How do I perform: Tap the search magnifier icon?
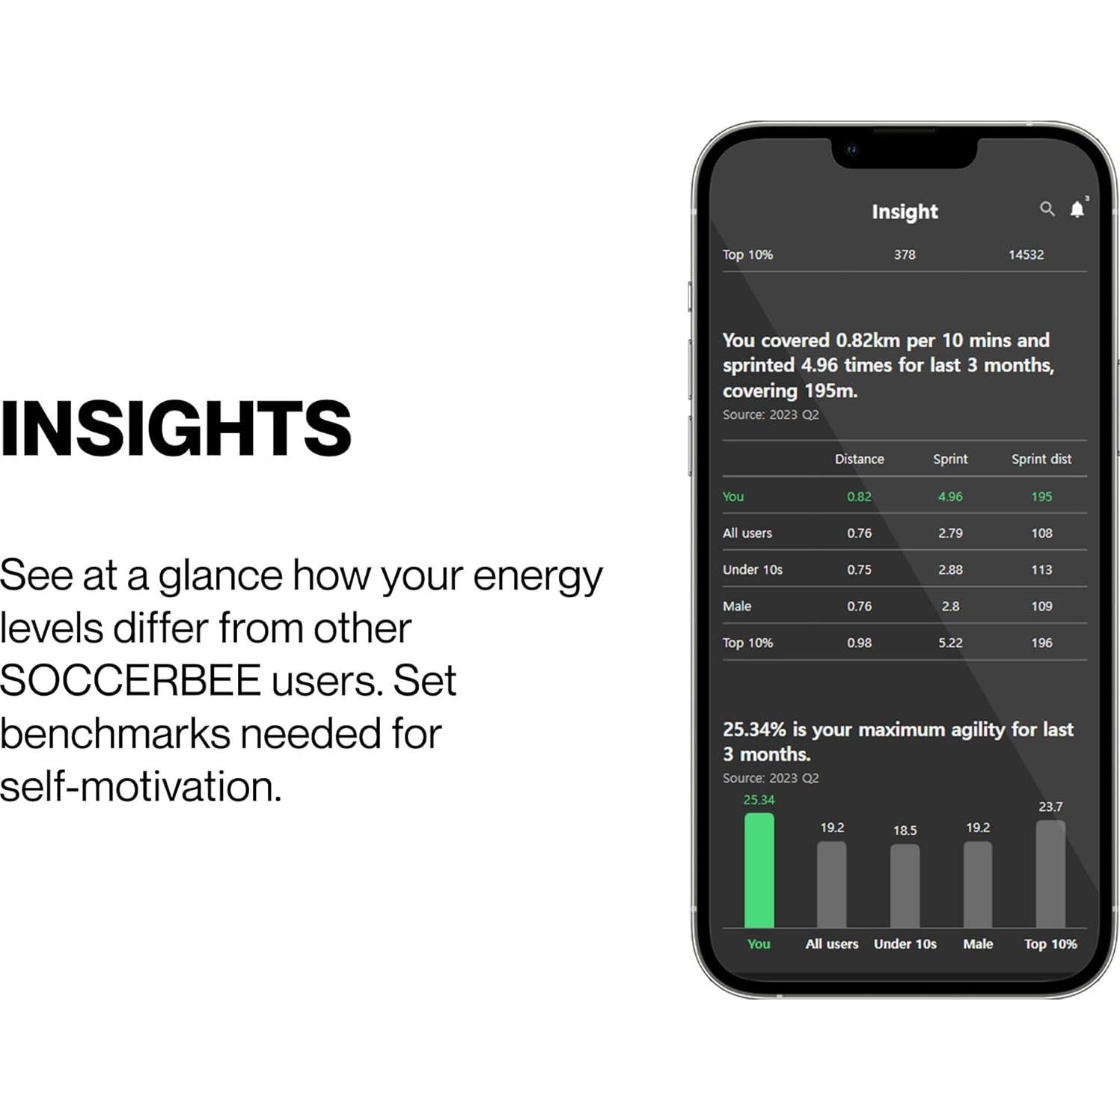click(x=1047, y=209)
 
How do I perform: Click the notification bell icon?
click(x=1077, y=209)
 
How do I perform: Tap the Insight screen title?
click(x=905, y=212)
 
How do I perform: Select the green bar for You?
click(x=759, y=870)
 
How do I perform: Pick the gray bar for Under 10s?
click(x=905, y=886)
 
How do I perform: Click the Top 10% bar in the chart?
click(x=1050, y=874)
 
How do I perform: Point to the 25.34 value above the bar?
click(x=759, y=800)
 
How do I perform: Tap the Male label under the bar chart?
click(x=978, y=944)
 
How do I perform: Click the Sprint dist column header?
click(x=1041, y=459)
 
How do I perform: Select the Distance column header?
click(x=859, y=459)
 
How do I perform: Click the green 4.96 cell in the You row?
click(x=950, y=497)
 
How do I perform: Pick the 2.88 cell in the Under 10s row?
click(x=950, y=570)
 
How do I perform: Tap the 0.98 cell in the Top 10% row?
click(x=859, y=643)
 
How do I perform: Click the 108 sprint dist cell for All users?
click(x=1041, y=533)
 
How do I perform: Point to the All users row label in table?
click(x=747, y=533)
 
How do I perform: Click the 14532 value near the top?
click(x=1026, y=255)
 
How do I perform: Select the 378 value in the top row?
click(x=905, y=255)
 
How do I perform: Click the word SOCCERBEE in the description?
click(x=130, y=681)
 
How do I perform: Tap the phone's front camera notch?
click(x=905, y=151)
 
